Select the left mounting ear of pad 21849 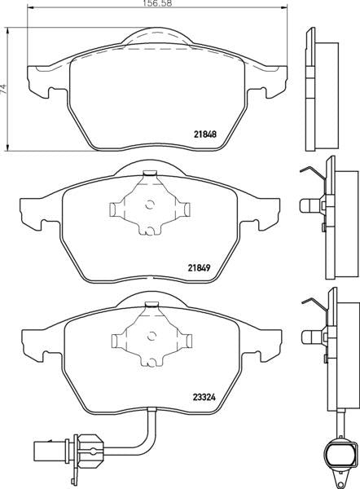coord(33,210)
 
